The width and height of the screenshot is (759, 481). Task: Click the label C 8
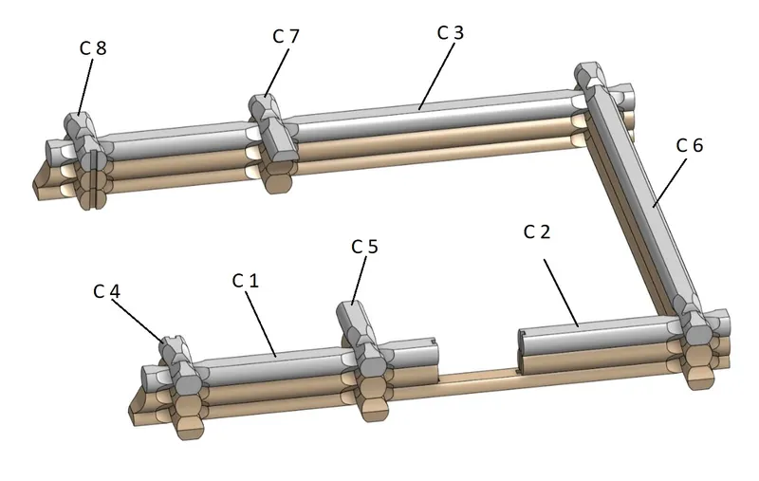[93, 47]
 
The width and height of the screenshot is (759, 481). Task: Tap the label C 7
[287, 36]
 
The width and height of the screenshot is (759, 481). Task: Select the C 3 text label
[450, 32]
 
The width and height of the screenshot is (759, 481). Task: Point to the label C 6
[690, 145]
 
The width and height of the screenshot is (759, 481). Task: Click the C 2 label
[537, 231]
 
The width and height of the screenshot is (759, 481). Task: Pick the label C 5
[364, 247]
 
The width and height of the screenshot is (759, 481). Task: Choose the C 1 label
[246, 280]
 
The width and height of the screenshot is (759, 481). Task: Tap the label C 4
[106, 291]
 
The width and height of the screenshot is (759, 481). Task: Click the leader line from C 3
[437, 77]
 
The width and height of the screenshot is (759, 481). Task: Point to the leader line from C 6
[670, 183]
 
